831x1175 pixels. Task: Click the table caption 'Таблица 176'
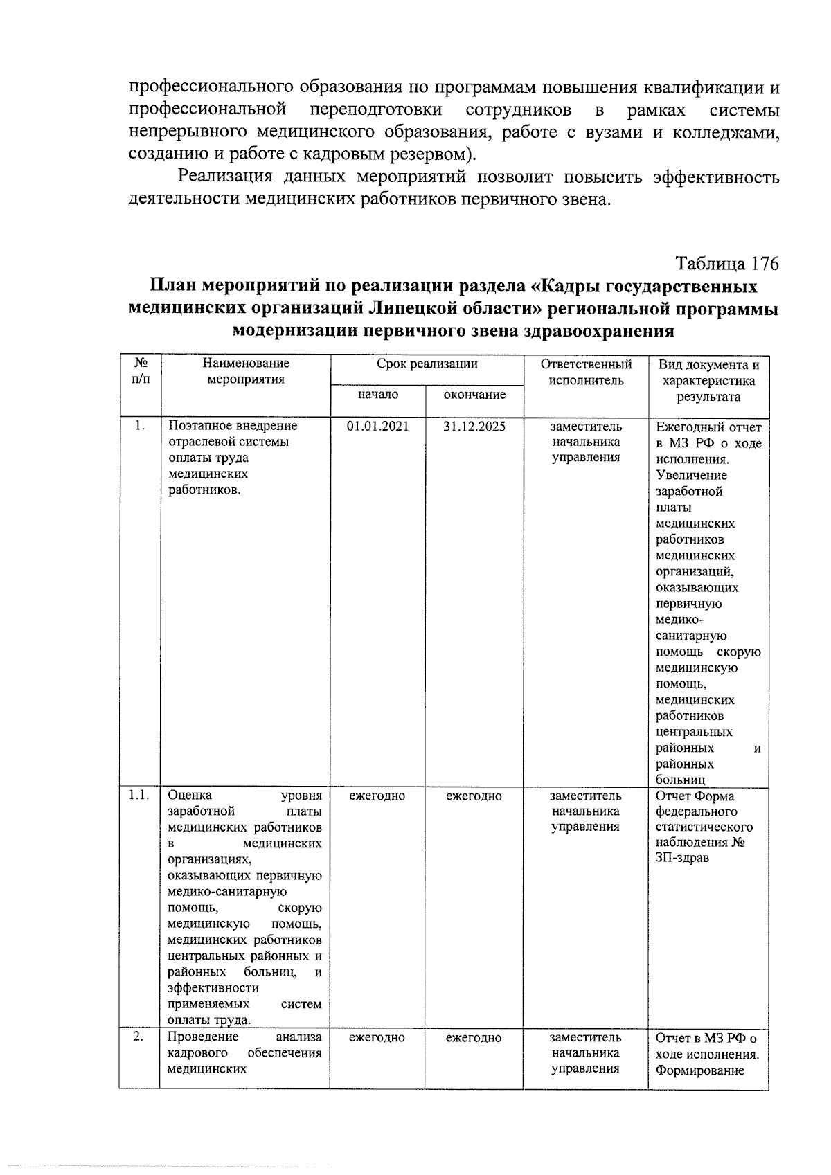click(727, 264)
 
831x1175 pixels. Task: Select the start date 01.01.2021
click(377, 427)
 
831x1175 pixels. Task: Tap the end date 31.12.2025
click(474, 427)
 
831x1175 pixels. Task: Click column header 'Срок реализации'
click(427, 364)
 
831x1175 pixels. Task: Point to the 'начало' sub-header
click(377, 395)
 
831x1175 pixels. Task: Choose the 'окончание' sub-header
click(474, 395)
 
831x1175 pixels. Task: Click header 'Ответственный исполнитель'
click(586, 373)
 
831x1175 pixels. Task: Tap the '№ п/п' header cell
click(140, 371)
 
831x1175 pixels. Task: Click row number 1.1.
click(139, 796)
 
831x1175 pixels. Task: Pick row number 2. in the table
click(138, 1037)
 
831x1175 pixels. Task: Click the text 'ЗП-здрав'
click(682, 859)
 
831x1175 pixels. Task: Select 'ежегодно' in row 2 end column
click(474, 1038)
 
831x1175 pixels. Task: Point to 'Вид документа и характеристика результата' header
click(708, 381)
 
